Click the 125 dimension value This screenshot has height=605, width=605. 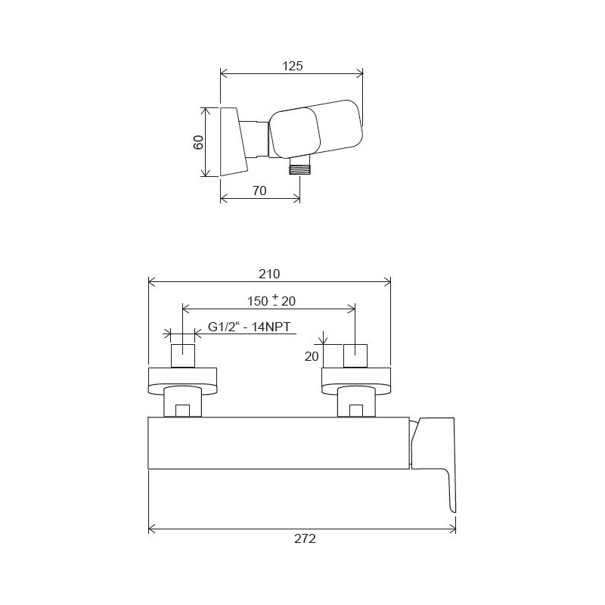coord(293,66)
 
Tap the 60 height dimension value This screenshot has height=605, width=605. coord(198,142)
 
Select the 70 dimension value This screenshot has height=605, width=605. coord(259,191)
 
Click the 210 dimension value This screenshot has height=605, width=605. coord(269,274)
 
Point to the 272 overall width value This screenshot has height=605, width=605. coord(305,538)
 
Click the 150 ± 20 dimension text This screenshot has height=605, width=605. coord(271,300)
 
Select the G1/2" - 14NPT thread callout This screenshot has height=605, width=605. coord(249,327)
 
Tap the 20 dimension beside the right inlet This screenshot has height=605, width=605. coord(312,356)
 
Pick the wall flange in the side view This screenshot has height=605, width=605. coord(233,142)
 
